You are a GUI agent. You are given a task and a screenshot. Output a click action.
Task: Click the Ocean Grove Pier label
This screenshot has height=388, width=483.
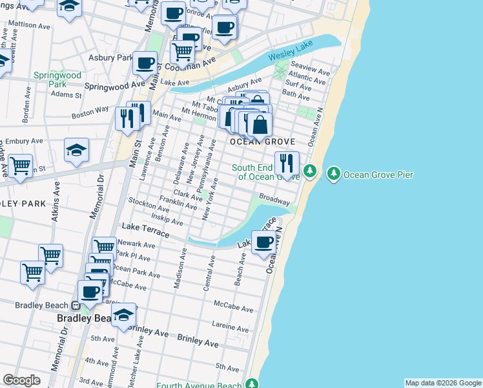coord(378,175)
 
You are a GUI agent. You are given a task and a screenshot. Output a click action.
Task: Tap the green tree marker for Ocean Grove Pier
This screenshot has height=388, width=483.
coord(334,173)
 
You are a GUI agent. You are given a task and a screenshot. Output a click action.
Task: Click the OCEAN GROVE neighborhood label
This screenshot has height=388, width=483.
coord(263,142)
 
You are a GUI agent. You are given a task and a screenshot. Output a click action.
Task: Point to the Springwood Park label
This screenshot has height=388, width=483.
coord(57,80)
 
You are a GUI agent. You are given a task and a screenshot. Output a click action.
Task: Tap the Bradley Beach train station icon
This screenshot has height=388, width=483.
coord(76,306)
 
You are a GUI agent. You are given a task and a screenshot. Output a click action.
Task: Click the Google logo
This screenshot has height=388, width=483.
coord(22,380)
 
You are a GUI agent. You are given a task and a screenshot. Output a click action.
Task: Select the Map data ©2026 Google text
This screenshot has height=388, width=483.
coord(443,383)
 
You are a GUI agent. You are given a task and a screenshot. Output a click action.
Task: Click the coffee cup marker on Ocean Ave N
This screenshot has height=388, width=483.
coord(263,243)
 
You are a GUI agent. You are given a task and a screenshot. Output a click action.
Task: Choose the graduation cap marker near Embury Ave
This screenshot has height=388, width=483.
coord(76,151)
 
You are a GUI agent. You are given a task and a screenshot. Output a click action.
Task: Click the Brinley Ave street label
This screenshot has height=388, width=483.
coord(199,339)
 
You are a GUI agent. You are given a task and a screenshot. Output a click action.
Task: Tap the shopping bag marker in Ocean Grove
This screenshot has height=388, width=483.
coord(260,125)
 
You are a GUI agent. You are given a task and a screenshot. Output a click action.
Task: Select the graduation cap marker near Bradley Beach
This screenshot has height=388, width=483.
coord(123,316)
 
